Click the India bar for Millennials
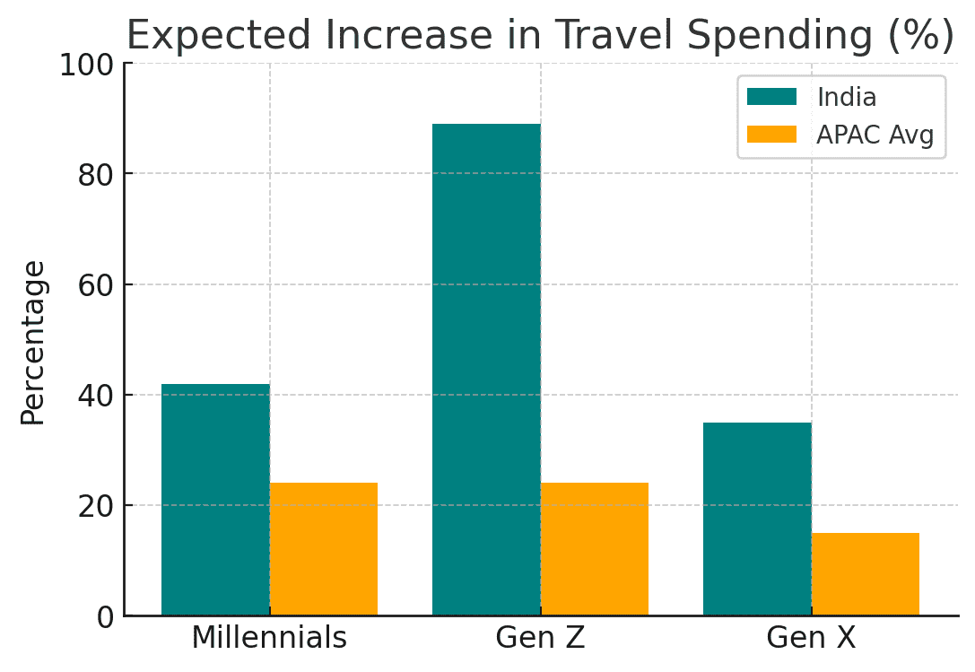click(x=215, y=500)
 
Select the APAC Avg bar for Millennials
click(x=324, y=549)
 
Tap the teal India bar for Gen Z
click(x=486, y=370)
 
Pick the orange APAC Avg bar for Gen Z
click(x=595, y=549)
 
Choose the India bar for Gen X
click(x=757, y=519)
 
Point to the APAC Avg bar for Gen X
click(x=866, y=574)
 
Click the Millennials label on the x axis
click(x=269, y=638)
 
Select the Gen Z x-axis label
click(x=540, y=638)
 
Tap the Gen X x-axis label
click(x=811, y=638)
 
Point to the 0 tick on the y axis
click(x=106, y=616)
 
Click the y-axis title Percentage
click(x=33, y=343)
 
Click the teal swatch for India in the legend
click(x=771, y=97)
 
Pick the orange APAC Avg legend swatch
click(x=771, y=135)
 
